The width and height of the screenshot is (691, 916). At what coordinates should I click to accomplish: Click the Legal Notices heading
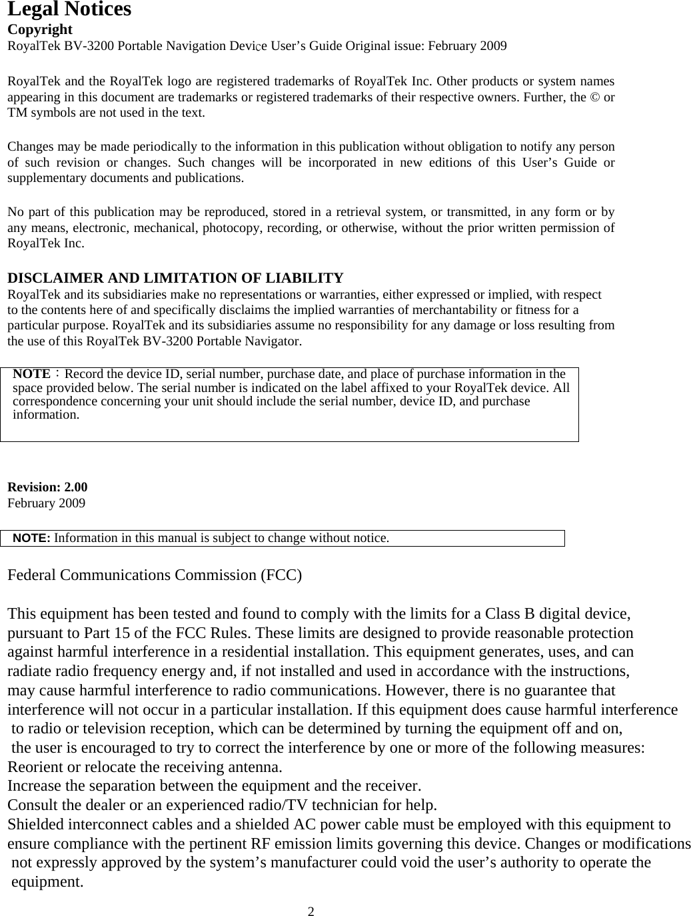point(69,10)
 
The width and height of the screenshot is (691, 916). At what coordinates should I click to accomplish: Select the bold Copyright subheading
point(39,29)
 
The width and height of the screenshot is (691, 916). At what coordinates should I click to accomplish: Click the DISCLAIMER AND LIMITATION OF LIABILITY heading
point(175,278)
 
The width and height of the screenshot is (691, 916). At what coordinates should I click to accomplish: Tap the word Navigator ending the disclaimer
point(272,342)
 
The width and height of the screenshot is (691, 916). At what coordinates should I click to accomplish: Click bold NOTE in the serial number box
point(31,374)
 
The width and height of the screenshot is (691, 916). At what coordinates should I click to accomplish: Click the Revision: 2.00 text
point(47,487)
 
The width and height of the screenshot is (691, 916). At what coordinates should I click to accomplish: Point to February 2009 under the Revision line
point(46,503)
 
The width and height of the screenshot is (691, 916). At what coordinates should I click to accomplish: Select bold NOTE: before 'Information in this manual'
point(32,538)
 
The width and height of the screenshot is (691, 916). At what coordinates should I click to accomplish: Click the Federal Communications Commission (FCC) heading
point(155,575)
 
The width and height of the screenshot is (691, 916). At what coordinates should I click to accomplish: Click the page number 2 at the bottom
point(311,911)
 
